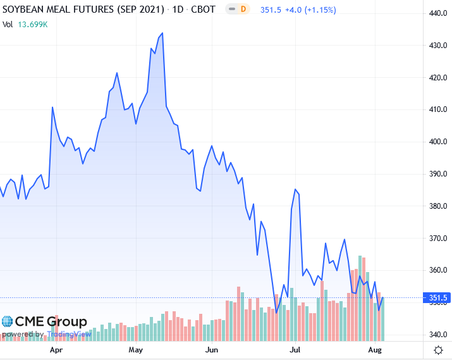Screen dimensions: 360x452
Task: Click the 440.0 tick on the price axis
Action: coord(438,14)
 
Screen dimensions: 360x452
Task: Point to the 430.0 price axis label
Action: coord(438,46)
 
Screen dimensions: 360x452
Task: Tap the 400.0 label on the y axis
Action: coord(438,142)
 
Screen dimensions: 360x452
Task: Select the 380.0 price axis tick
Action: coord(438,206)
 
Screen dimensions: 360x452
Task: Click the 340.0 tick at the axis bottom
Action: coord(438,335)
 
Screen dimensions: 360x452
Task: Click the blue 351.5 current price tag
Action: coord(438,298)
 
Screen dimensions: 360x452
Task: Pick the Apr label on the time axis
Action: coord(56,349)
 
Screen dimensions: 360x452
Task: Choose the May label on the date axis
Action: coord(135,349)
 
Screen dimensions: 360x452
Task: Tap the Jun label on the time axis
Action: coord(212,349)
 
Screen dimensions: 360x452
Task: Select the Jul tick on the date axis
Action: coord(295,349)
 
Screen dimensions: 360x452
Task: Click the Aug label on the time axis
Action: coord(375,349)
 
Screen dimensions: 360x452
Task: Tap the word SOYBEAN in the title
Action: coord(26,10)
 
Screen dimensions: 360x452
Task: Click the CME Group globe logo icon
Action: coord(7,322)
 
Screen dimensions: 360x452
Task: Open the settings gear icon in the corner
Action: coord(438,350)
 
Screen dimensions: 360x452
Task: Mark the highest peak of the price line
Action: coord(162,33)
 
